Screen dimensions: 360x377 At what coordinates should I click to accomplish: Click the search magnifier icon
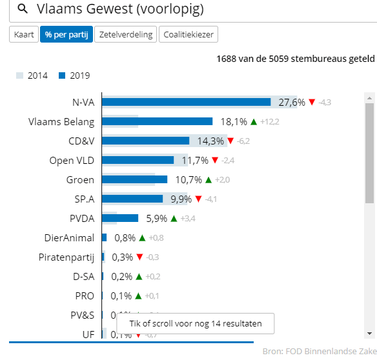click(x=22, y=9)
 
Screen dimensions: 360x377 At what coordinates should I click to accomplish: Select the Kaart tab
click(x=24, y=35)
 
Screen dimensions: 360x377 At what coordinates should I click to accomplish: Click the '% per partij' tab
click(x=66, y=35)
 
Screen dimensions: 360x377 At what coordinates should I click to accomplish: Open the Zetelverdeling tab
click(x=126, y=35)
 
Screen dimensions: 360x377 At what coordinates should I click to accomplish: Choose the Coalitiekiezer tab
click(x=189, y=35)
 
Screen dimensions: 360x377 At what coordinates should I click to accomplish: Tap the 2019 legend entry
click(x=74, y=75)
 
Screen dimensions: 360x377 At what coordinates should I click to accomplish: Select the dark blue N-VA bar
click(x=186, y=102)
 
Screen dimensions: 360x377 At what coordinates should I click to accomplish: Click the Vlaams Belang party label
click(x=61, y=121)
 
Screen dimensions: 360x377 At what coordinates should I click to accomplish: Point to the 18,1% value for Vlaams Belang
click(x=234, y=121)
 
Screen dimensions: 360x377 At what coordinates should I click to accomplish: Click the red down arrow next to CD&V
click(x=230, y=141)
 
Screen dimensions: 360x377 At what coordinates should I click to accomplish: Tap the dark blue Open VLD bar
click(x=138, y=160)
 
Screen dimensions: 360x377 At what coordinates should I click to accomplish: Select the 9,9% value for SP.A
click(x=181, y=199)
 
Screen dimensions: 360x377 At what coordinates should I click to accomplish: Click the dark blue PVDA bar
click(x=120, y=218)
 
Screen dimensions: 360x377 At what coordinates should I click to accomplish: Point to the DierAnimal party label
click(x=69, y=237)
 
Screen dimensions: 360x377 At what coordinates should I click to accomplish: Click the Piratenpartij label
click(x=66, y=257)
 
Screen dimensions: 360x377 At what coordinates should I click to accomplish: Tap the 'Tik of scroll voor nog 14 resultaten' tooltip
click(x=195, y=323)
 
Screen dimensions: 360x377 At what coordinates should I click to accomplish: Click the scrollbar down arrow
click(x=369, y=333)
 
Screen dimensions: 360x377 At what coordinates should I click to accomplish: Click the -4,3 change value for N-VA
click(x=325, y=103)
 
